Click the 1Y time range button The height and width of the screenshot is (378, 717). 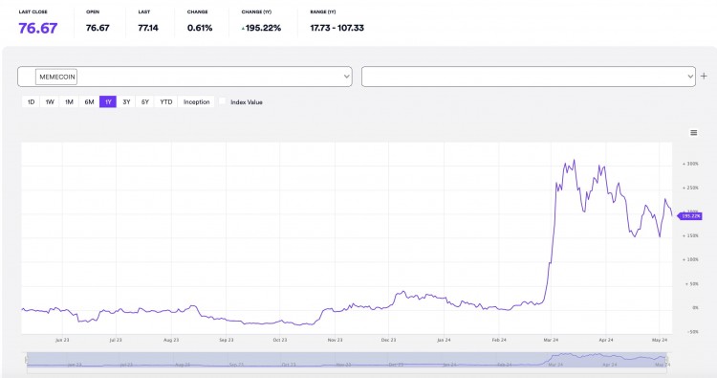click(x=107, y=101)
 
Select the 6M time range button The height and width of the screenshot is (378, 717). click(x=89, y=101)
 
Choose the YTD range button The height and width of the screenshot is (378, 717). click(x=166, y=101)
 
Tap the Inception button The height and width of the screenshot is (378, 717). click(x=196, y=101)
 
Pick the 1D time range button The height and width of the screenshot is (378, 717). click(x=31, y=101)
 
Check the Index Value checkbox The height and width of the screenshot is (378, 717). click(x=223, y=101)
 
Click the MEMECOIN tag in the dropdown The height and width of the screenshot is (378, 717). click(x=57, y=77)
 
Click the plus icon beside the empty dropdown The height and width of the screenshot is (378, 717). click(x=705, y=75)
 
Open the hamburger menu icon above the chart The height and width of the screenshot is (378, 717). click(x=693, y=132)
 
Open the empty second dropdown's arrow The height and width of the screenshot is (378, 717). click(x=690, y=76)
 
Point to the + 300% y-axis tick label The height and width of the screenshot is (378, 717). click(x=691, y=164)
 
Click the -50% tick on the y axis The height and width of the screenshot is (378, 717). click(x=691, y=331)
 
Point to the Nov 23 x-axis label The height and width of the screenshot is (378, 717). click(x=335, y=339)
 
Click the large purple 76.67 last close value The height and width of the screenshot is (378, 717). click(x=38, y=28)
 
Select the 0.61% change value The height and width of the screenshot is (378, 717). click(x=201, y=28)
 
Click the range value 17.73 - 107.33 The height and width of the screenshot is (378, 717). click(x=337, y=28)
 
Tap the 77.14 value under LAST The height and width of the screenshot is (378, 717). click(x=148, y=28)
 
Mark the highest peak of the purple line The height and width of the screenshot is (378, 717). click(x=574, y=160)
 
